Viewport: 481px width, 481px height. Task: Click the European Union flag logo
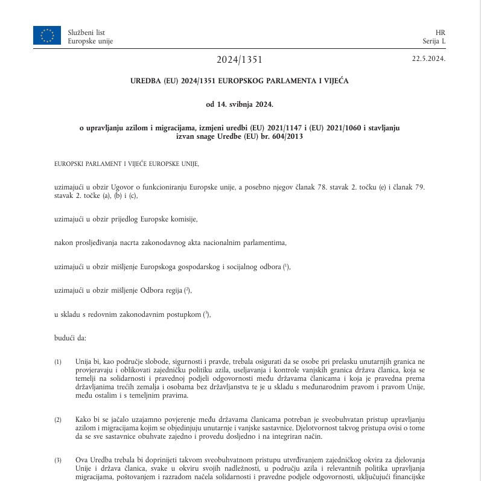tap(47, 36)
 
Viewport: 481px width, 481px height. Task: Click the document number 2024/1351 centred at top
tap(240, 60)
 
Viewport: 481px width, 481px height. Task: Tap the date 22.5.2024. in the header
tap(428, 59)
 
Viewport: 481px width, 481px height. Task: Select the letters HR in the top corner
tap(439, 32)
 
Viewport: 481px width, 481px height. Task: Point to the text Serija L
tap(434, 41)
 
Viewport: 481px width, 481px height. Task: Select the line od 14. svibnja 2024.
tap(240, 104)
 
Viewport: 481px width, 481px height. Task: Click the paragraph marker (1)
tap(58, 362)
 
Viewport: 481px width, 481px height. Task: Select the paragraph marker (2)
tap(58, 419)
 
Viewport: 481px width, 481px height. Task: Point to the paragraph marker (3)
tap(58, 460)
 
